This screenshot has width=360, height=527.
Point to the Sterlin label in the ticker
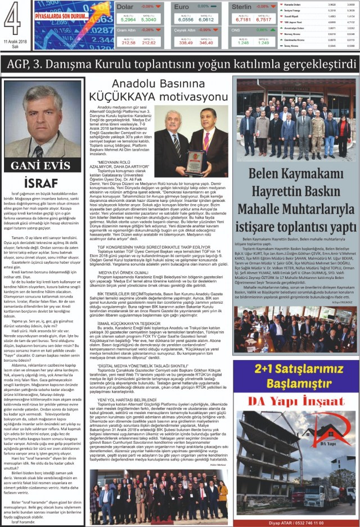242,6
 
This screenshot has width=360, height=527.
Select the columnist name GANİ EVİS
39,166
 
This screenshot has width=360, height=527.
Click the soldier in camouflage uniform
318,129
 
